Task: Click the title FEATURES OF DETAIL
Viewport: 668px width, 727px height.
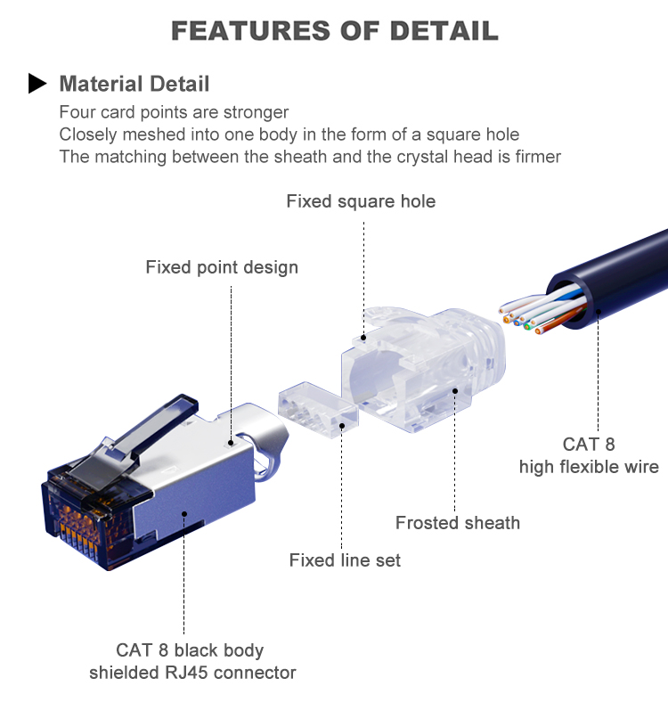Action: (x=334, y=30)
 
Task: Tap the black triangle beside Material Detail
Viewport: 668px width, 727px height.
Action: (x=37, y=85)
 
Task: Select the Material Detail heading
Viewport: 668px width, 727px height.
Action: (x=134, y=85)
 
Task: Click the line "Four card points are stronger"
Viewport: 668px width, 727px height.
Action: (x=174, y=112)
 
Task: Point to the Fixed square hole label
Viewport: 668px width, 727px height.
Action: (x=361, y=201)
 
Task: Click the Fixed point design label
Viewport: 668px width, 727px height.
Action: (x=222, y=267)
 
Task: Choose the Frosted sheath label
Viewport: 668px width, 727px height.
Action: (x=457, y=523)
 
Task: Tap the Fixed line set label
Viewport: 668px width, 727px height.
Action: (x=345, y=560)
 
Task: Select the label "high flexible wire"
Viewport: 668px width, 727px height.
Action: (x=589, y=467)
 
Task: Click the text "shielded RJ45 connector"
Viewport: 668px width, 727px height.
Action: (x=192, y=672)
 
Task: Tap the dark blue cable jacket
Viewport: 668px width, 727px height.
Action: (x=615, y=285)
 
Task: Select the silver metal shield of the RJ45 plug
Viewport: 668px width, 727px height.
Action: (x=196, y=481)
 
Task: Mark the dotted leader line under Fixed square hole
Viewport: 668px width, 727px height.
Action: (x=364, y=267)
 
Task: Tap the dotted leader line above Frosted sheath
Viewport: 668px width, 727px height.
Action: (x=455, y=454)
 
